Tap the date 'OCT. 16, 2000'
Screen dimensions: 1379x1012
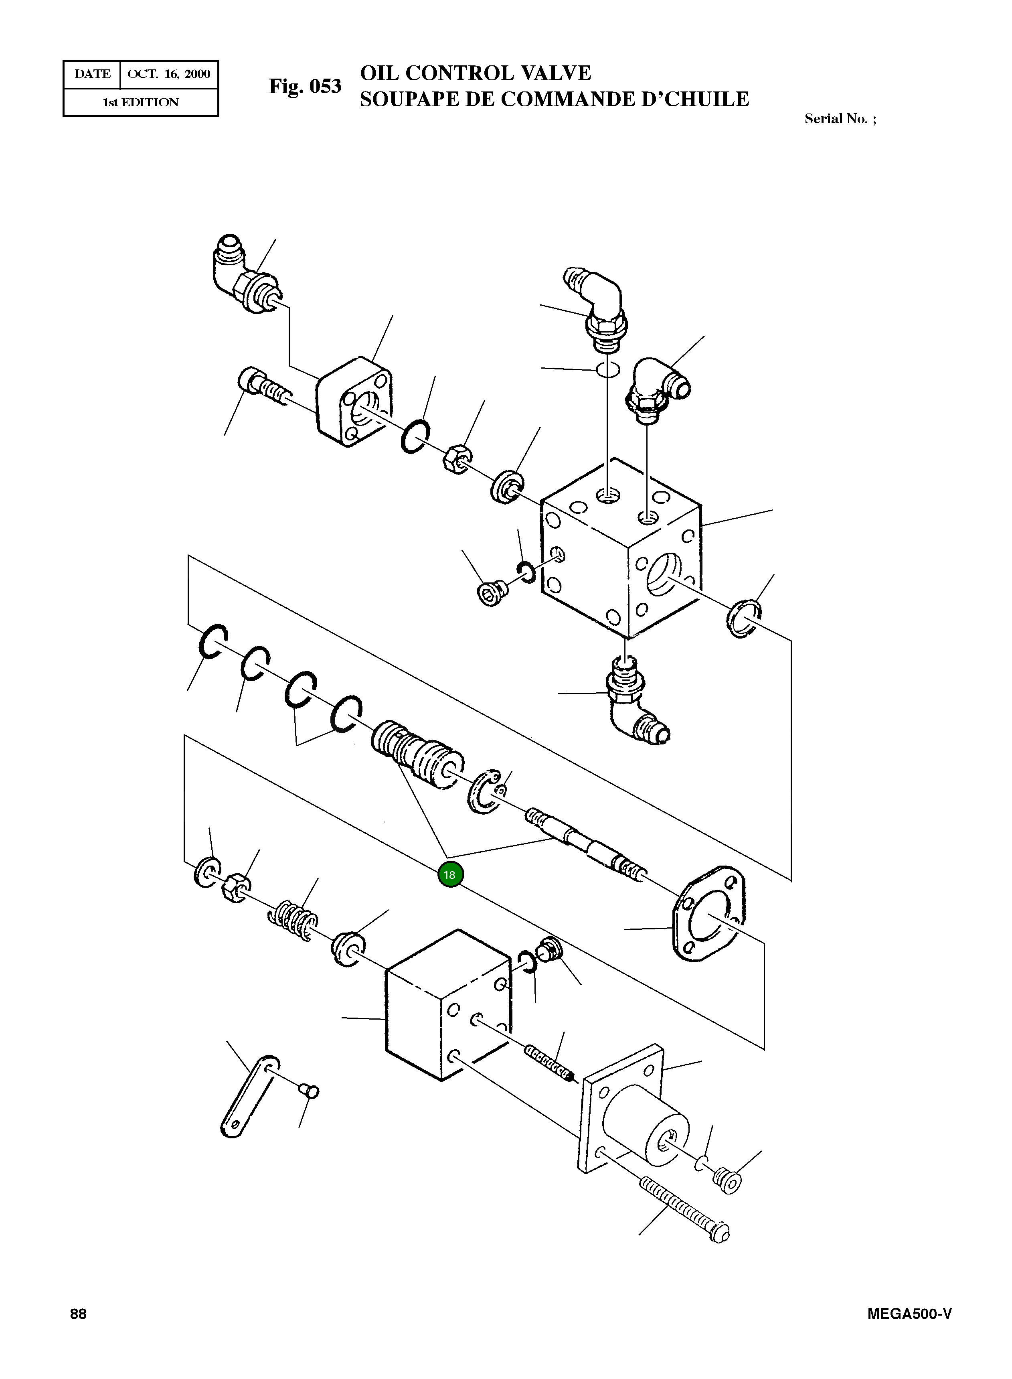tap(168, 74)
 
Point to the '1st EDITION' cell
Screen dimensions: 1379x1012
tap(140, 102)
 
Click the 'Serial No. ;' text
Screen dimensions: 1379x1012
tap(840, 119)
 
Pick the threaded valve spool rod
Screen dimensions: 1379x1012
tap(585, 843)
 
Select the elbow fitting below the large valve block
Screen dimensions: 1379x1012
tap(634, 705)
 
